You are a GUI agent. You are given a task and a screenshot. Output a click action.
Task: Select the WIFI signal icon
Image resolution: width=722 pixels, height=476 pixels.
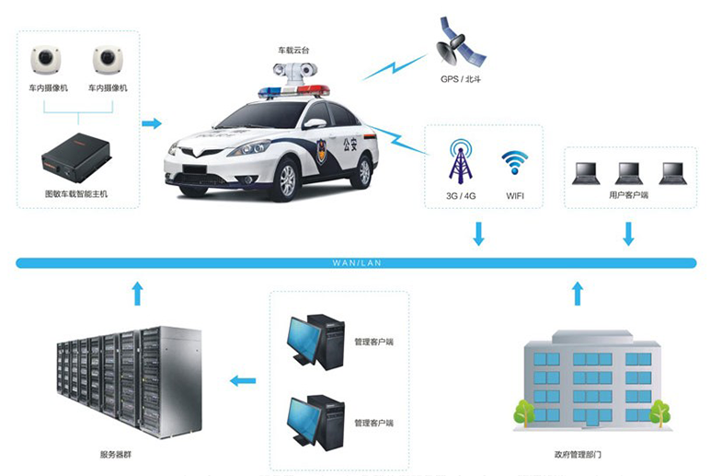click(514, 162)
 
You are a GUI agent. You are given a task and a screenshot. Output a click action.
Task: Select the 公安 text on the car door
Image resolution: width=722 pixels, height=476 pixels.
click(350, 143)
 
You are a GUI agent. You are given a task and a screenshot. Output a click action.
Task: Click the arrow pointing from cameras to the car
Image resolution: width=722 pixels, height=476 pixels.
click(152, 122)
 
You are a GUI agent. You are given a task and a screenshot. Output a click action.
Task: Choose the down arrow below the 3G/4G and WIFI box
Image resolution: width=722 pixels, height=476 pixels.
click(478, 233)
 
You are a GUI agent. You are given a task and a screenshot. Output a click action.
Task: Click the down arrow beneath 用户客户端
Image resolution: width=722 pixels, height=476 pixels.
click(629, 233)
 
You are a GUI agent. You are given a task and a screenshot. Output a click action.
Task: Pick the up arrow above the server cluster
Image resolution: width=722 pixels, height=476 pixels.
click(137, 293)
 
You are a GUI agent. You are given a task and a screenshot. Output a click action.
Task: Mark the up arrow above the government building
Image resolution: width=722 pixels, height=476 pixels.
click(578, 293)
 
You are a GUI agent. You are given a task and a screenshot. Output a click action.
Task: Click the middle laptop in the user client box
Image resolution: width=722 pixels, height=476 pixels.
click(629, 172)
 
